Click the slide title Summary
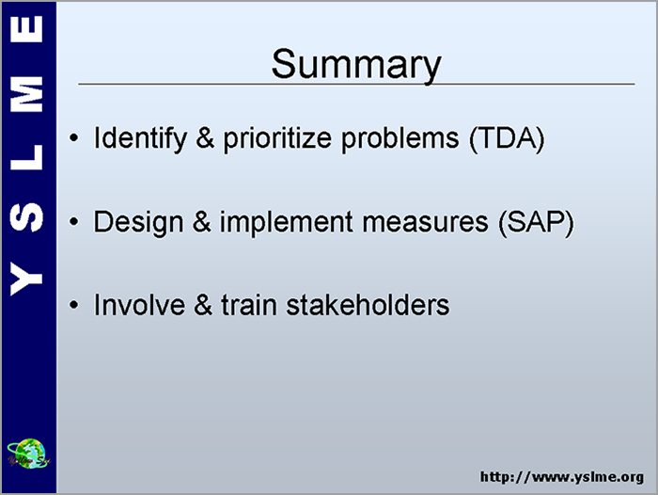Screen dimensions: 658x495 tap(356, 64)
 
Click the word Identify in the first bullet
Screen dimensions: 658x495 tap(140, 138)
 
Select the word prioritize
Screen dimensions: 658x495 tap(277, 138)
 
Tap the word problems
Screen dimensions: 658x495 tap(399, 138)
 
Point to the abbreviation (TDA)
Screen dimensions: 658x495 tap(507, 138)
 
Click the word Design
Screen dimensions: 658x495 tap(138, 222)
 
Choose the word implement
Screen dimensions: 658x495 tap(286, 222)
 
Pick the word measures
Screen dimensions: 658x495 tap(425, 222)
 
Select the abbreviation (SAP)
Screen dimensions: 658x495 tap(536, 222)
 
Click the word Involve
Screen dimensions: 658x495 tap(139, 305)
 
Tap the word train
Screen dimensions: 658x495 tap(249, 305)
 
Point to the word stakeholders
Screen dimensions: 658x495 tap(368, 305)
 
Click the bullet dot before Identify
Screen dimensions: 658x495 tap(74, 138)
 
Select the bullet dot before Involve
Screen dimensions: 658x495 tap(74, 305)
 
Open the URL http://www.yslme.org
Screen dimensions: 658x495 tap(562, 477)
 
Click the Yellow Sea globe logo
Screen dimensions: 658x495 tap(28, 454)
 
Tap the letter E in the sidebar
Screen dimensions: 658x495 tap(26, 29)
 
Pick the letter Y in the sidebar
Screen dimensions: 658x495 tap(26, 279)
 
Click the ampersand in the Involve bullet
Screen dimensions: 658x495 tap(203, 305)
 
